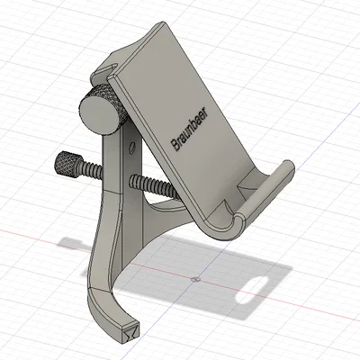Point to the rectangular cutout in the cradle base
click(244, 184)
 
